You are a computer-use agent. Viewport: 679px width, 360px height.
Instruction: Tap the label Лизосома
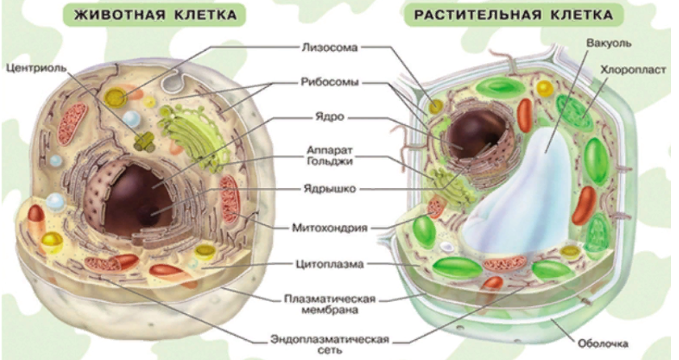point(329,47)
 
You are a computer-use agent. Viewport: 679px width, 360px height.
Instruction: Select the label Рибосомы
point(329,82)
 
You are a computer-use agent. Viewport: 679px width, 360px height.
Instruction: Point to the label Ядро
point(329,116)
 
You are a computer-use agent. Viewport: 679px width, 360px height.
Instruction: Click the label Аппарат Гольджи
point(329,157)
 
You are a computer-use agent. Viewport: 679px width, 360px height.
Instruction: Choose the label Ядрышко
point(329,190)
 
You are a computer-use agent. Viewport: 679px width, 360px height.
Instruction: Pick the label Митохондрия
point(329,228)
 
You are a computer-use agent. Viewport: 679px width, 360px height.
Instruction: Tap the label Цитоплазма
point(329,263)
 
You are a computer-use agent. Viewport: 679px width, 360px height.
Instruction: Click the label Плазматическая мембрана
point(329,303)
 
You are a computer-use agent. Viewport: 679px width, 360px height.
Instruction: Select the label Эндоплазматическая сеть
point(329,343)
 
